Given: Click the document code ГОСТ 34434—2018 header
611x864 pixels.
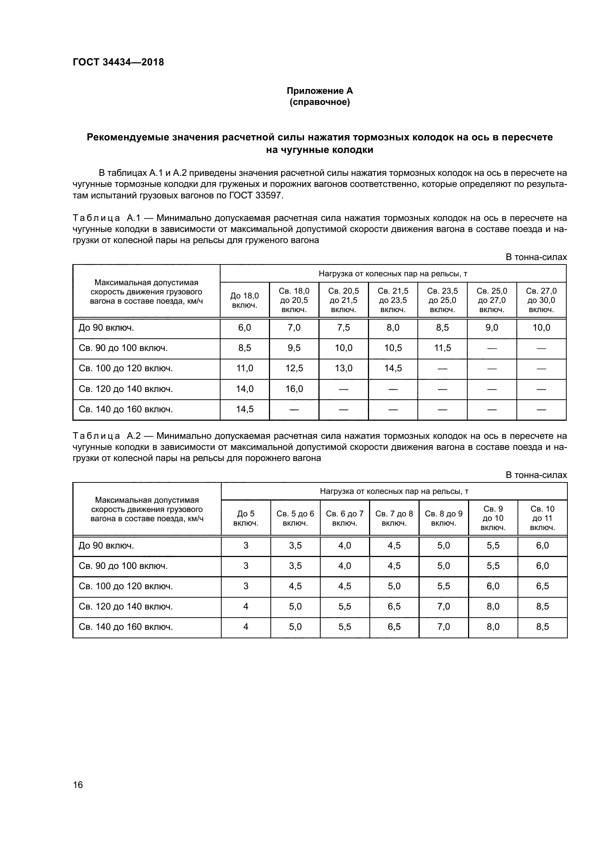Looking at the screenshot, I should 118,62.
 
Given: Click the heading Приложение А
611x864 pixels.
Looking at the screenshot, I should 320,91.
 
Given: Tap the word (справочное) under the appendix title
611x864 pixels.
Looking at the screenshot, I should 320,102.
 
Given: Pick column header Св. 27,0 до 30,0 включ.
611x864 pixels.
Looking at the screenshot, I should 541,300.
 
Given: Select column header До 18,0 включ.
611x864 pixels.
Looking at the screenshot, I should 245,300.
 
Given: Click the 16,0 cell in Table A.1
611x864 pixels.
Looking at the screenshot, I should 294,389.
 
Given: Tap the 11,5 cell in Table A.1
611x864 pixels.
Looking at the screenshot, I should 443,348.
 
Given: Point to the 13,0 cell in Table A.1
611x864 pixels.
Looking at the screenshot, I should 344,368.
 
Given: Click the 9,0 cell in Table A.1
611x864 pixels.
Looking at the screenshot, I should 492,327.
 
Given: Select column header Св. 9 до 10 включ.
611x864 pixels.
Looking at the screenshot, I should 493,518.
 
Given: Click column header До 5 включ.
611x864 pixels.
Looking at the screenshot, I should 246,518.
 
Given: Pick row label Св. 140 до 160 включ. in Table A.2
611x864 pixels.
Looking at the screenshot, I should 126,626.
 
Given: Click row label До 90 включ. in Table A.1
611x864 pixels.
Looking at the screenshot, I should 106,327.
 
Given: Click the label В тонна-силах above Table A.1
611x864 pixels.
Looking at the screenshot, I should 536,257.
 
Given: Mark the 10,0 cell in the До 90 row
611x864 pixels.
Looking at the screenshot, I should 541,327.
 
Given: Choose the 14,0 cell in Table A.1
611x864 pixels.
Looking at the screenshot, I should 245,389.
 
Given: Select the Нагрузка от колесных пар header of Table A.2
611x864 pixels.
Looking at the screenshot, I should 394,491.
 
